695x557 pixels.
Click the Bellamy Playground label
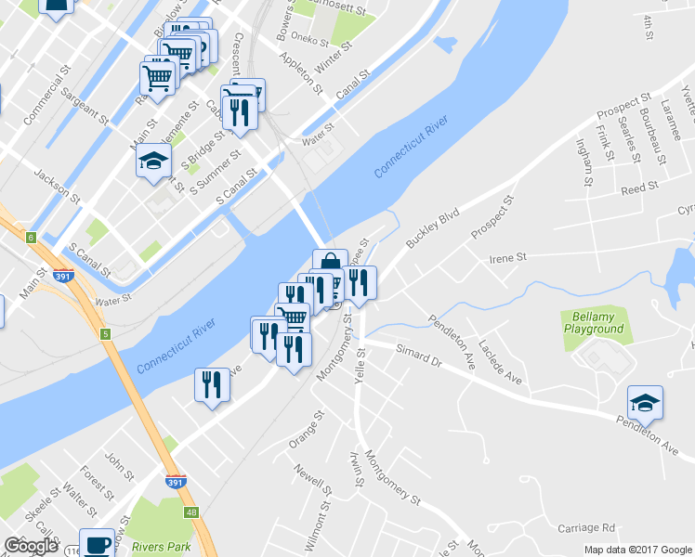point(593,323)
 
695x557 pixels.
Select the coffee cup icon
point(97,544)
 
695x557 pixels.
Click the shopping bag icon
point(329,263)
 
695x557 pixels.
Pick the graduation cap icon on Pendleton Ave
point(645,402)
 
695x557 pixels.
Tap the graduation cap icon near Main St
point(154,162)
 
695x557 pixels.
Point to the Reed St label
point(639,188)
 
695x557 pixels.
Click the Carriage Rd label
point(587,527)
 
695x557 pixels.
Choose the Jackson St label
point(58,182)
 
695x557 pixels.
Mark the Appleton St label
point(304,78)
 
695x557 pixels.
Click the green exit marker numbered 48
point(190,512)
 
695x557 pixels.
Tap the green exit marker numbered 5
point(106,333)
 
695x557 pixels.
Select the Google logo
point(31,546)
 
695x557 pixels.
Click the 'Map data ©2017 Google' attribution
point(638,550)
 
